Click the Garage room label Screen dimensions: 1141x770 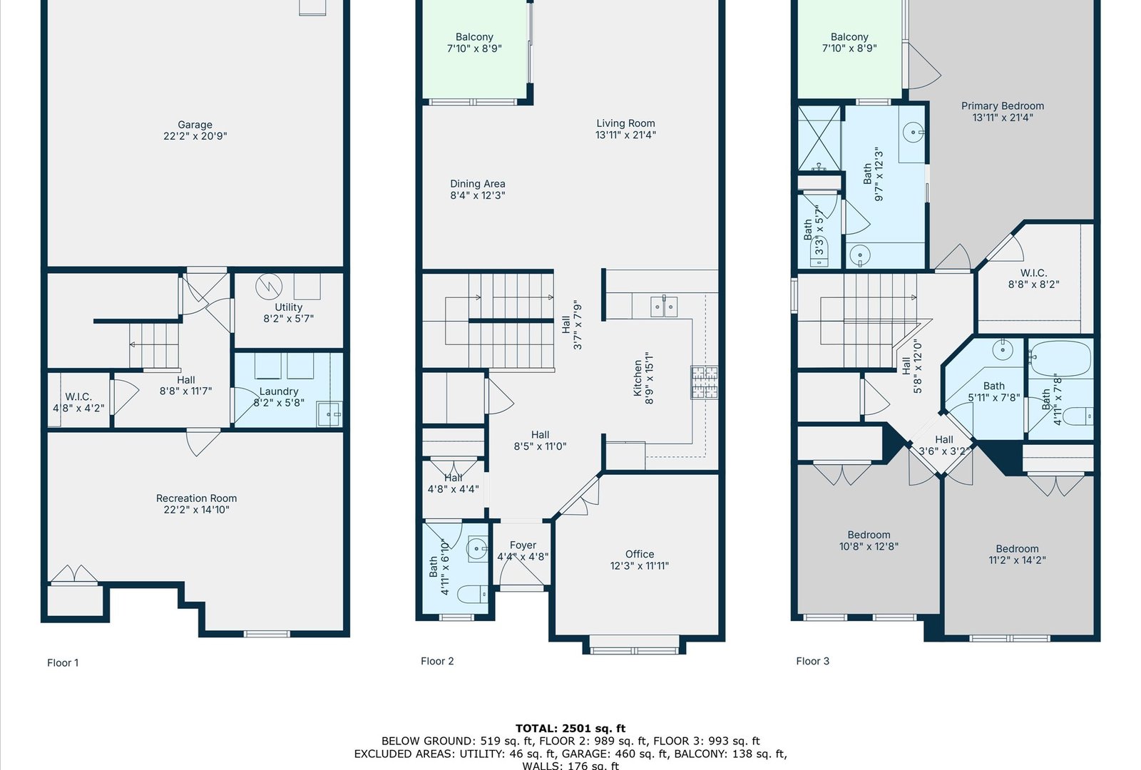[195, 130]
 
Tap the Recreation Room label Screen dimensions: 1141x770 [197, 503]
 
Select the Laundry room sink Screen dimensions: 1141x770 [329, 414]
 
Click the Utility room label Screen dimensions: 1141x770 [288, 313]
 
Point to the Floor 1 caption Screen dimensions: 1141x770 [63, 662]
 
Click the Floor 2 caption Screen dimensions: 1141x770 [437, 661]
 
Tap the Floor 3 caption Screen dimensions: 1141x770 [812, 661]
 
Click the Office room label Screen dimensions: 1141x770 [640, 560]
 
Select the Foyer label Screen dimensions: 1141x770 [523, 550]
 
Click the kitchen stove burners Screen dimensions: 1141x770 [705, 382]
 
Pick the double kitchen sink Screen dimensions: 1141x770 [664, 306]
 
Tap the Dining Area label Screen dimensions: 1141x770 [478, 190]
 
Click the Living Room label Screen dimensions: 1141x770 [625, 129]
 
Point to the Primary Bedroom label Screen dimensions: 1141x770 [1003, 111]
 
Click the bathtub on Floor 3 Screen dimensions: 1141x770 [1060, 359]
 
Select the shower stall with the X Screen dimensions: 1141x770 [819, 138]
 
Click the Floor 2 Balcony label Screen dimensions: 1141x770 [474, 43]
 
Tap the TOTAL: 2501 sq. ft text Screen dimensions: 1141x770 [570, 728]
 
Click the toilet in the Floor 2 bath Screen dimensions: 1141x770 [472, 594]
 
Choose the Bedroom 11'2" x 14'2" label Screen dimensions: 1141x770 [1017, 554]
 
